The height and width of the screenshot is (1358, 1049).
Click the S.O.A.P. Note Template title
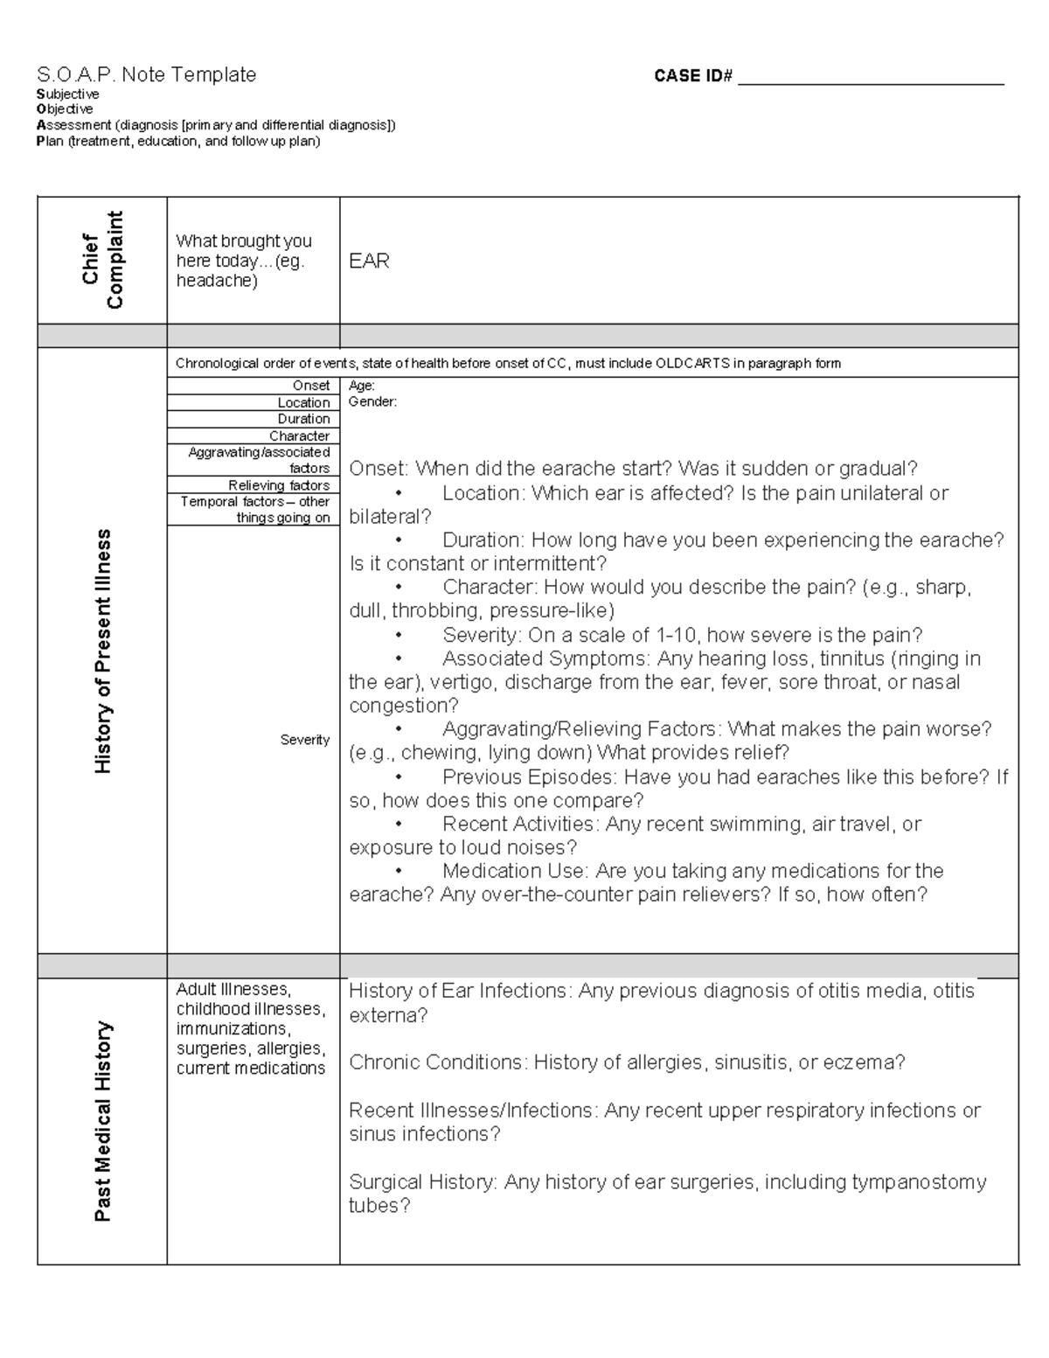[146, 75]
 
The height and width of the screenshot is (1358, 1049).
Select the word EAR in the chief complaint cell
[369, 261]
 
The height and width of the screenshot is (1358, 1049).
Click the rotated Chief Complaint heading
[103, 261]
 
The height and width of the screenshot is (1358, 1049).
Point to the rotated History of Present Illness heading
[103, 651]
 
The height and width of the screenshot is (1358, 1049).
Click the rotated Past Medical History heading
[103, 1121]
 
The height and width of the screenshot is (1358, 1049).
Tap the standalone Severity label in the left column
[304, 740]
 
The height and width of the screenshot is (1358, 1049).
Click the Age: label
[362, 386]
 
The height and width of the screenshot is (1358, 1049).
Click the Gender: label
[372, 402]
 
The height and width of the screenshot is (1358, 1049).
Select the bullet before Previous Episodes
[399, 777]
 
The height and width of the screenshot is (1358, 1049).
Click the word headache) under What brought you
[217, 281]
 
